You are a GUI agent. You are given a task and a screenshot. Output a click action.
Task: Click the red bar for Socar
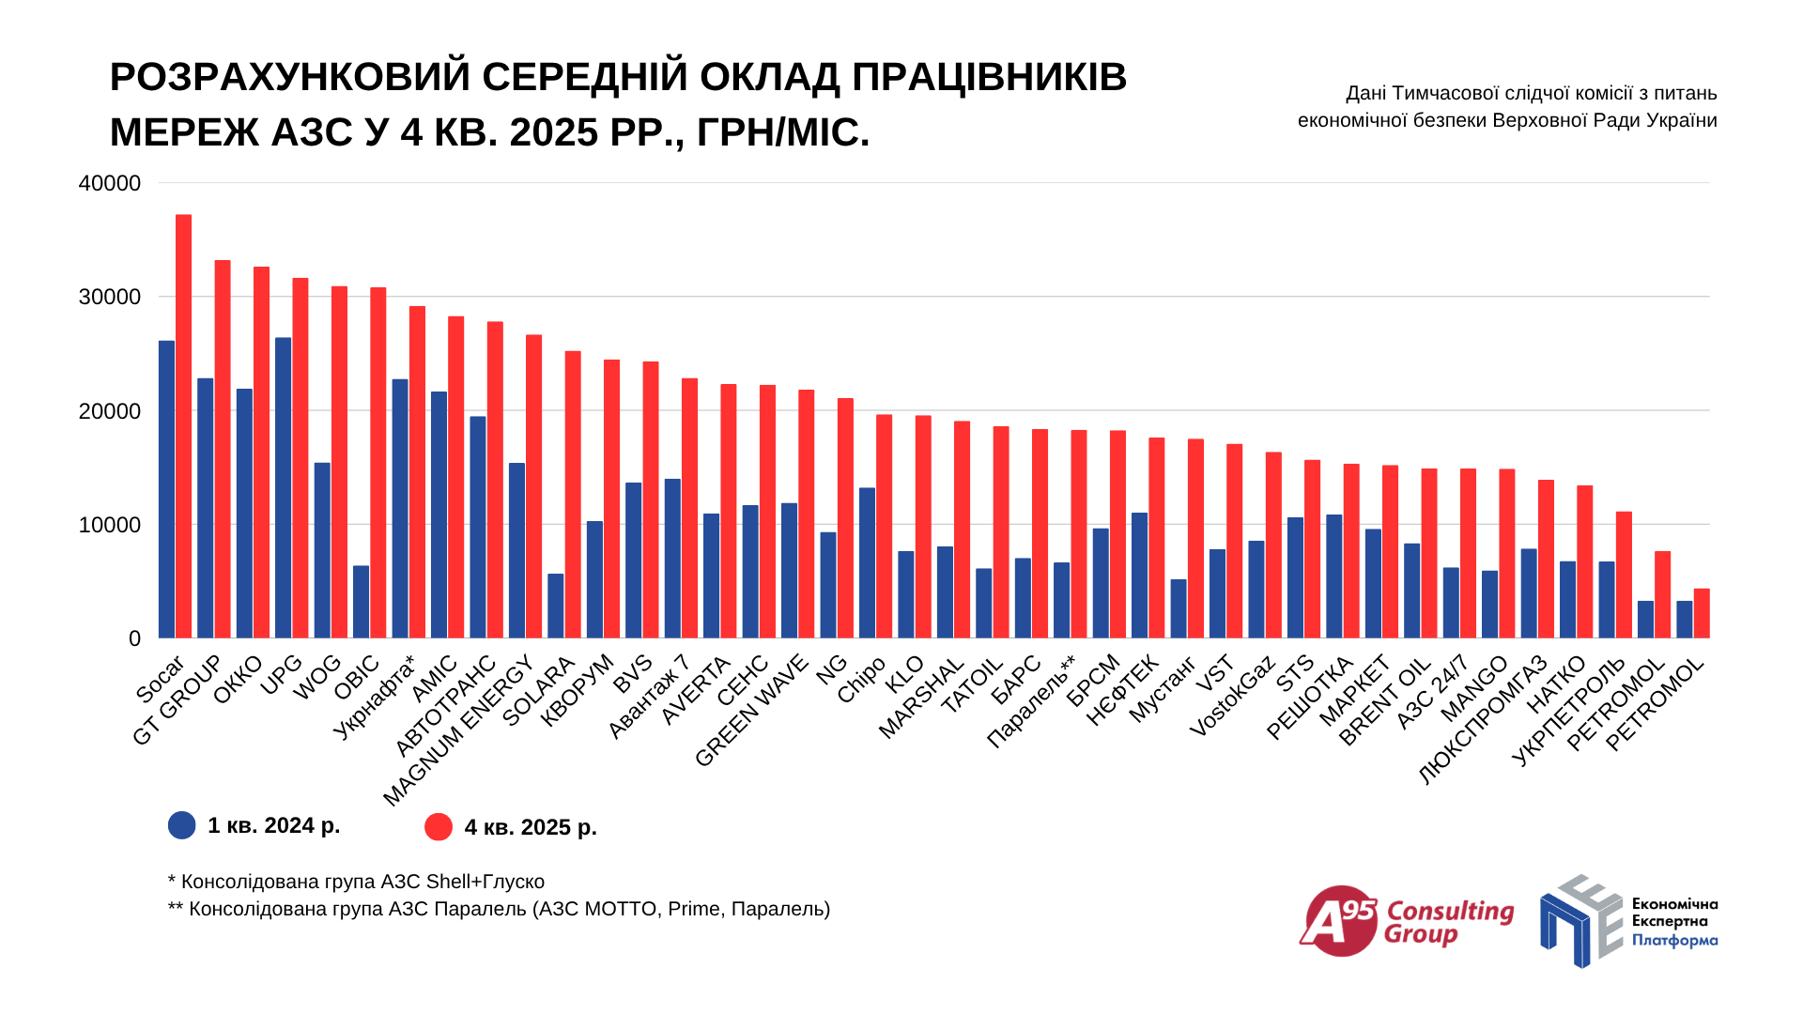pos(183,426)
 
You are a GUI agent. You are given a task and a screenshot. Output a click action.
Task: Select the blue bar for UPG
pos(283,487)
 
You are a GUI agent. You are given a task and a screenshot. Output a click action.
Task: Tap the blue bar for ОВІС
pos(361,602)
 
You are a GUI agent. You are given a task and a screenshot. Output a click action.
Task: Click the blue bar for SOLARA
pos(556,606)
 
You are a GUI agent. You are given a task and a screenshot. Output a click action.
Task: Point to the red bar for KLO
pos(923,527)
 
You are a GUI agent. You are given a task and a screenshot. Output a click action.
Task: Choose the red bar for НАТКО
pos(1584,561)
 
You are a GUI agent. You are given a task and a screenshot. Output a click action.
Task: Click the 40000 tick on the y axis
pos(110,184)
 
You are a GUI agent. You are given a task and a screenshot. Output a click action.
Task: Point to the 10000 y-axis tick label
pos(110,525)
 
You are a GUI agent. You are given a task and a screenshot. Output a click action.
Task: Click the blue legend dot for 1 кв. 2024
pos(182,825)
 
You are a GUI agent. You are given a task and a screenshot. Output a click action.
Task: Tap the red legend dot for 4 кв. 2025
pos(439,827)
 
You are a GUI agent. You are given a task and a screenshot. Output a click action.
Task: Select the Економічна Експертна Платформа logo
pos(1628,922)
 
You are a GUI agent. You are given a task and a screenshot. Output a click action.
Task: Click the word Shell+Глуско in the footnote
pos(485,882)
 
